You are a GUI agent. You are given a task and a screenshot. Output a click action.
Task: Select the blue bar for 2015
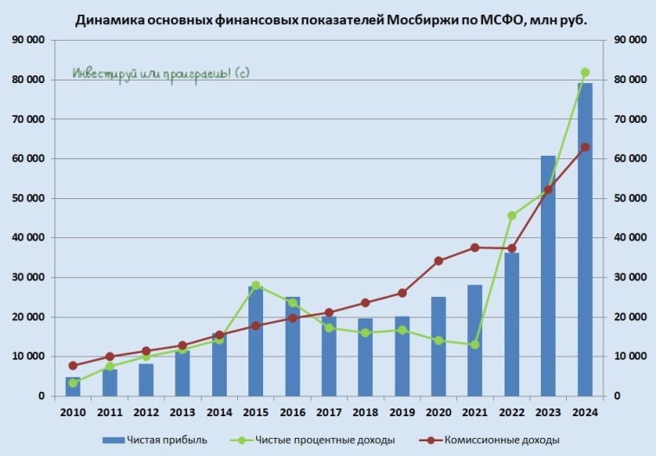256,341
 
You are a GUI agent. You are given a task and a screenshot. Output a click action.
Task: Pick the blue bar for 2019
402,356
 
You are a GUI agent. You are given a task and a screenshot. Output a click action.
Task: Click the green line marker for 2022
511,215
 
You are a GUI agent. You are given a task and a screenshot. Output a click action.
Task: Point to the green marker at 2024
585,73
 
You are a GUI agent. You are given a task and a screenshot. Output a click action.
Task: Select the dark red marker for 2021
475,247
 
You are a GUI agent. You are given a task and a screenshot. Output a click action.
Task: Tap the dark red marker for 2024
585,147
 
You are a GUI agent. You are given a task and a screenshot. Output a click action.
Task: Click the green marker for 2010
73,382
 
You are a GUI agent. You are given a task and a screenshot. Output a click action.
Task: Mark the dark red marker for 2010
73,366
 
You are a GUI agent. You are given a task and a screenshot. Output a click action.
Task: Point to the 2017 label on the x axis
329,413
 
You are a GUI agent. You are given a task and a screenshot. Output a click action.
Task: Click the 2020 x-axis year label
439,413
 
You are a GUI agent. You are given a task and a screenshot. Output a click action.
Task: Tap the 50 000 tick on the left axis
28,198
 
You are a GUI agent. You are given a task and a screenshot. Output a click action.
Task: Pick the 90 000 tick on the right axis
629,40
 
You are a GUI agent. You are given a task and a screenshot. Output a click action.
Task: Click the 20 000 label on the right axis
629,317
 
